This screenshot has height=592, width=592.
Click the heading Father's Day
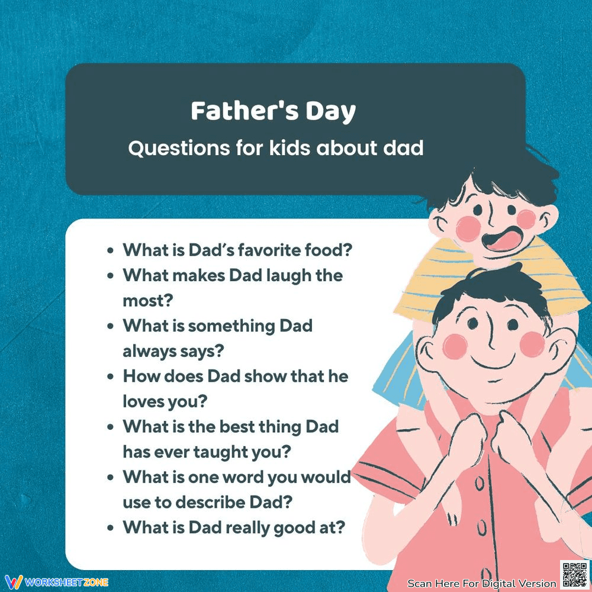click(x=273, y=111)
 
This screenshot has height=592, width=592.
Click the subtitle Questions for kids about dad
click(x=276, y=148)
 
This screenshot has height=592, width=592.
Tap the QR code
click(x=574, y=574)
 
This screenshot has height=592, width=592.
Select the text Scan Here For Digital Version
click(x=482, y=583)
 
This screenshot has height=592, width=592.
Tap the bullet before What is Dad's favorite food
click(x=110, y=250)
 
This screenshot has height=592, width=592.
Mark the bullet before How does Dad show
click(x=110, y=377)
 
